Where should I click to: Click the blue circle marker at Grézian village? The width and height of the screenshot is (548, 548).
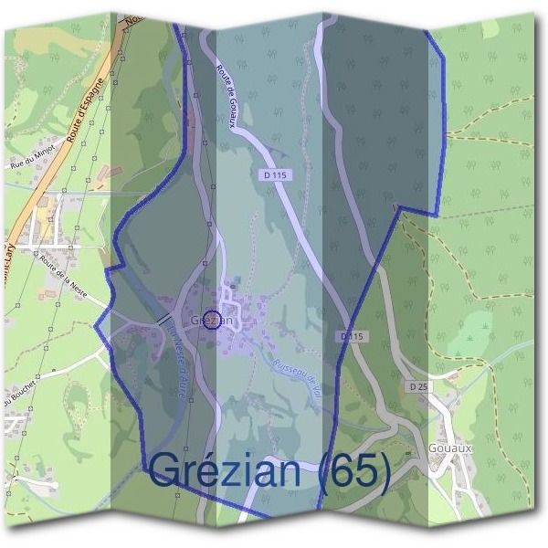pos(212,320)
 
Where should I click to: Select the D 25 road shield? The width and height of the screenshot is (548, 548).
pos(418,387)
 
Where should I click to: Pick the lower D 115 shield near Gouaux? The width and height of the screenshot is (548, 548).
pos(353,336)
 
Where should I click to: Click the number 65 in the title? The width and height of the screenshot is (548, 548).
pos(353,470)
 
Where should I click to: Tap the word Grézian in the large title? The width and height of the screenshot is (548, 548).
pos(224,470)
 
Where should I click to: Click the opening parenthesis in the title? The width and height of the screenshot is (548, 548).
pos(321,471)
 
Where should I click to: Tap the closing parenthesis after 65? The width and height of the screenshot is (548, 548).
pos(385,471)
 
